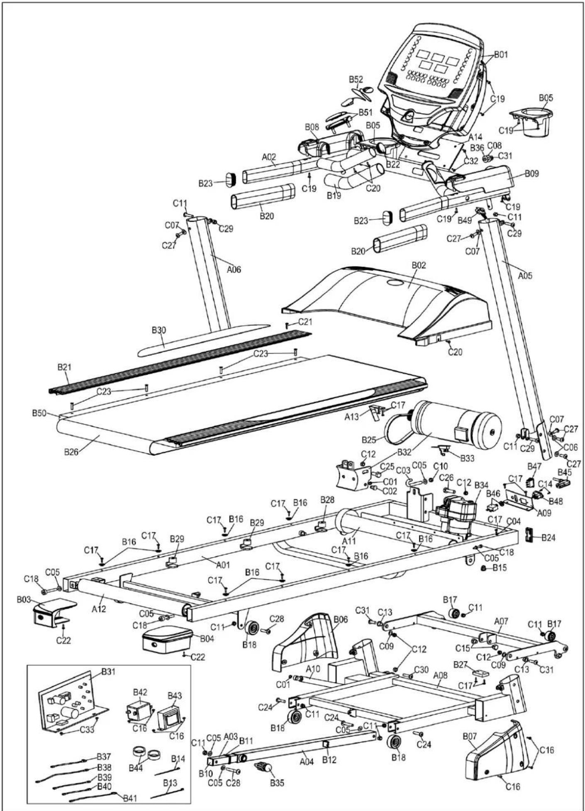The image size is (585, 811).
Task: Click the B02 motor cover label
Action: pos(419,265)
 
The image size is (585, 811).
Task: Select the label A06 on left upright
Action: pos(234,270)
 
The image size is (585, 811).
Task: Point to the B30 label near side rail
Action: pos(158,330)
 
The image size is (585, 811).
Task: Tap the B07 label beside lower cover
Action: pos(470,736)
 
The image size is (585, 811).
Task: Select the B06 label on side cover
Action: pos(341,620)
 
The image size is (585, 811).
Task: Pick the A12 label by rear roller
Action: pos(99,609)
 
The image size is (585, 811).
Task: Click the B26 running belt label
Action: pos(71,452)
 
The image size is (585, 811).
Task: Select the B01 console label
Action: pos(500,55)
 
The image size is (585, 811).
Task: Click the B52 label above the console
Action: pos(356,79)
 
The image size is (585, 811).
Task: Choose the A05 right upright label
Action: pos(525,276)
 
